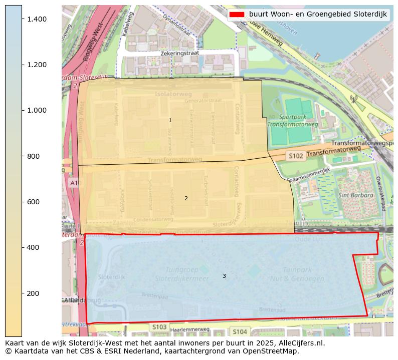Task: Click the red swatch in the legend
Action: [236, 15]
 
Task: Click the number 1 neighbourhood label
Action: [170, 121]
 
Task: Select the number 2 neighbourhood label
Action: [186, 199]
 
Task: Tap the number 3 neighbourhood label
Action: [224, 276]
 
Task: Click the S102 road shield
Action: [296, 156]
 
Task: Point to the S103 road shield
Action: [159, 327]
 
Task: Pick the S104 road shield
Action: [240, 331]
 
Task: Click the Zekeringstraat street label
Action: [180, 53]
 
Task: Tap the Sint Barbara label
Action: [356, 195]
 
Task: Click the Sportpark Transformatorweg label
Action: [293, 121]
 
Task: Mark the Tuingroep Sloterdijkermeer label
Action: [181, 274]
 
